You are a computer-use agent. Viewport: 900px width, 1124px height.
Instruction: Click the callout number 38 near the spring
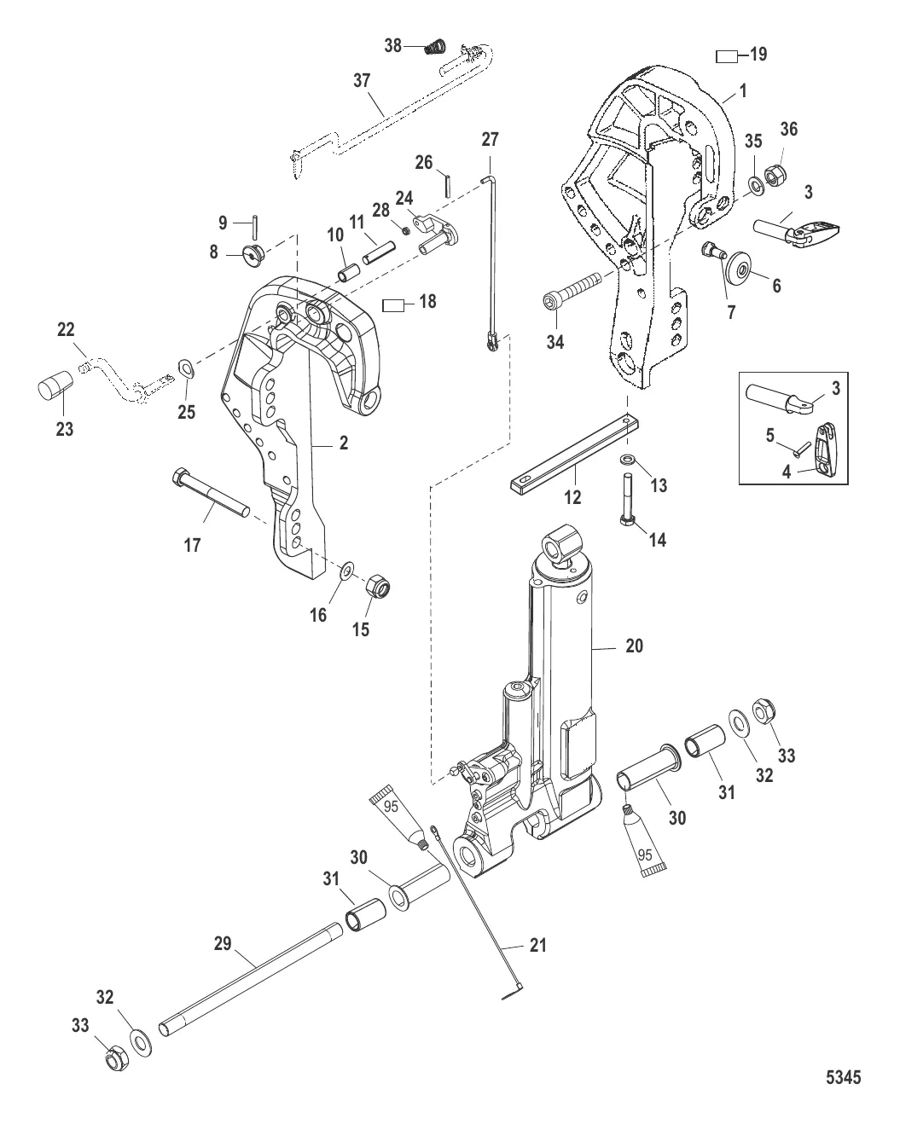coord(393,46)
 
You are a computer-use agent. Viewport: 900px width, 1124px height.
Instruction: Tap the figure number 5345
coord(842,1077)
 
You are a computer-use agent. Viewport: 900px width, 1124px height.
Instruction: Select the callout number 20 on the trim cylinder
coord(634,646)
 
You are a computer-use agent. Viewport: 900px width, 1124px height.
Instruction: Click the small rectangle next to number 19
coord(726,56)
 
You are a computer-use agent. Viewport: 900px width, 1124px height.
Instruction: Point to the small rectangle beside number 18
coord(393,303)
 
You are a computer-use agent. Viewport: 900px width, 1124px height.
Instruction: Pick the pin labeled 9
coord(256,230)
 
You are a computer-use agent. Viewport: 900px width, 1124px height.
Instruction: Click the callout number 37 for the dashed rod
coord(362,80)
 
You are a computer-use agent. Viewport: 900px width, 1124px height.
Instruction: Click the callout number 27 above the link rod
coord(490,139)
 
